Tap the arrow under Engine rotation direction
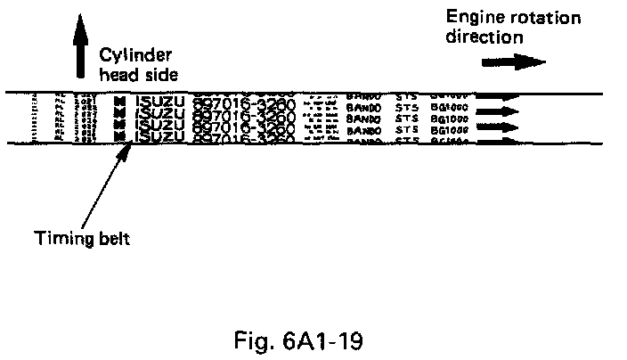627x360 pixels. click(x=513, y=62)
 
